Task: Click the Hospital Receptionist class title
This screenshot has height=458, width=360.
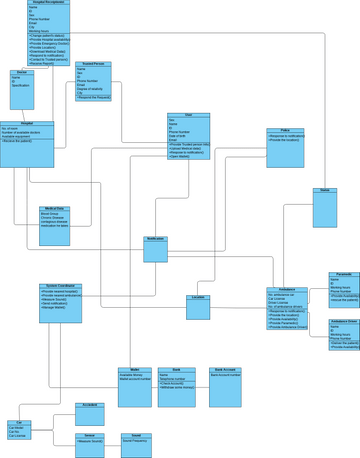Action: pyautogui.click(x=48, y=3)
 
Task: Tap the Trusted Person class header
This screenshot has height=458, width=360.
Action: pyautogui.click(x=94, y=64)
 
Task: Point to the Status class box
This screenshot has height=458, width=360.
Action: pyautogui.click(x=324, y=208)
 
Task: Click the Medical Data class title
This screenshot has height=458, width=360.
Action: pyautogui.click(x=54, y=209)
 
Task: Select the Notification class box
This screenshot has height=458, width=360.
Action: pyautogui.click(x=155, y=249)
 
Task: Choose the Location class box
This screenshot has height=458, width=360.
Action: pyautogui.click(x=198, y=307)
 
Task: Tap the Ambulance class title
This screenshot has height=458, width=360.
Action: pyautogui.click(x=287, y=289)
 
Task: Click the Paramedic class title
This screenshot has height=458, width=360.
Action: pyautogui.click(x=344, y=274)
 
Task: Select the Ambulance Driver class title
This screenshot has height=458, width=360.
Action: pyautogui.click(x=344, y=321)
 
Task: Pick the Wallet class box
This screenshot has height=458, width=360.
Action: pyautogui.click(x=135, y=386)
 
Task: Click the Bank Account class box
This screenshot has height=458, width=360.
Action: pyautogui.click(x=225, y=386)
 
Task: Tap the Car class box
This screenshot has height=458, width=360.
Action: pyautogui.click(x=18, y=430)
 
